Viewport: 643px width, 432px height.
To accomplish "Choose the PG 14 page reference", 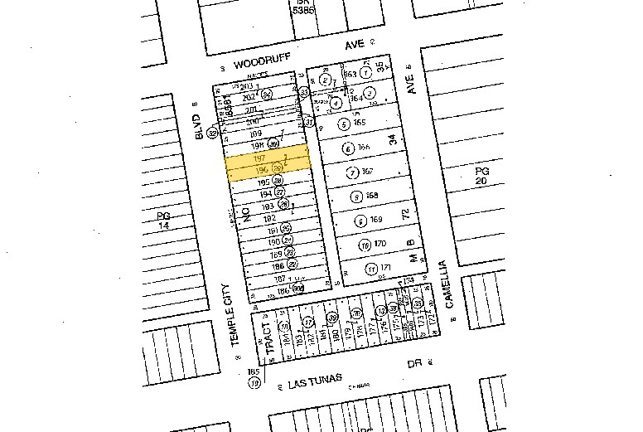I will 162,220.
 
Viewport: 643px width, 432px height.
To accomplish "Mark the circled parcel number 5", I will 343,124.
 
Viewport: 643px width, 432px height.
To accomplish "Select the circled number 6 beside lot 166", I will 349,148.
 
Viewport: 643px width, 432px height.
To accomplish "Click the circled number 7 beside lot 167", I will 353,172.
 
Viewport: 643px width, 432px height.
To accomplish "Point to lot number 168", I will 372,196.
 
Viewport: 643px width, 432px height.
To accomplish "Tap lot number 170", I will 380,244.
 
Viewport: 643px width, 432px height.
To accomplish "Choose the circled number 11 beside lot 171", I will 372,268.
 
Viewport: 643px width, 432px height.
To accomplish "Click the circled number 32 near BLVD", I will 212,132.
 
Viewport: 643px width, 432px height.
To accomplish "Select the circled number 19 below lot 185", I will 255,383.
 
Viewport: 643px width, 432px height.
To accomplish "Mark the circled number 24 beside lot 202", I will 267,95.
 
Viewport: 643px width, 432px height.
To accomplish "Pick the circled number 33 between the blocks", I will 304,92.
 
